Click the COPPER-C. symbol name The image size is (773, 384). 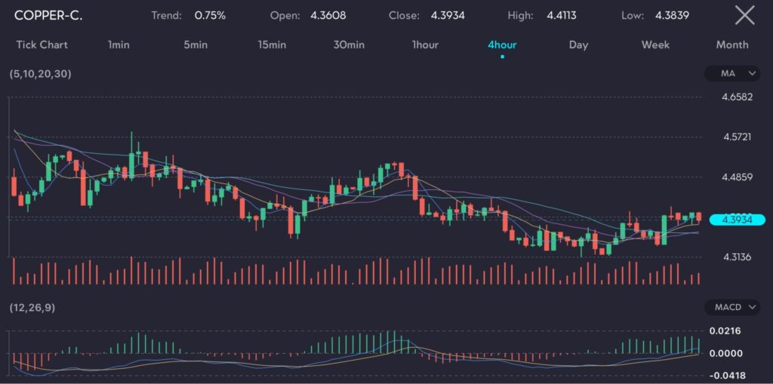(48, 15)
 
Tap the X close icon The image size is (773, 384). (744, 15)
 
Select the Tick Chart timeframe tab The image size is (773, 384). (42, 45)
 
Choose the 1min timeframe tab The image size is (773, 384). (119, 45)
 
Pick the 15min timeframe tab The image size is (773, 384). (272, 45)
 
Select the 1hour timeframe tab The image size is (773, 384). (425, 45)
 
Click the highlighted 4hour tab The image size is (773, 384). (502, 45)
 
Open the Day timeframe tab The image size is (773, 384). (578, 45)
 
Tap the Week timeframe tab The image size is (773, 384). (655, 45)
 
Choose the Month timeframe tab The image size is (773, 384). (732, 45)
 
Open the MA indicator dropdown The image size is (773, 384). (732, 73)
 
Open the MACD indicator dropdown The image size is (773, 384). (732, 307)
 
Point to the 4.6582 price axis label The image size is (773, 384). (737, 97)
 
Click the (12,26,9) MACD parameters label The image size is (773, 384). (32, 307)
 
